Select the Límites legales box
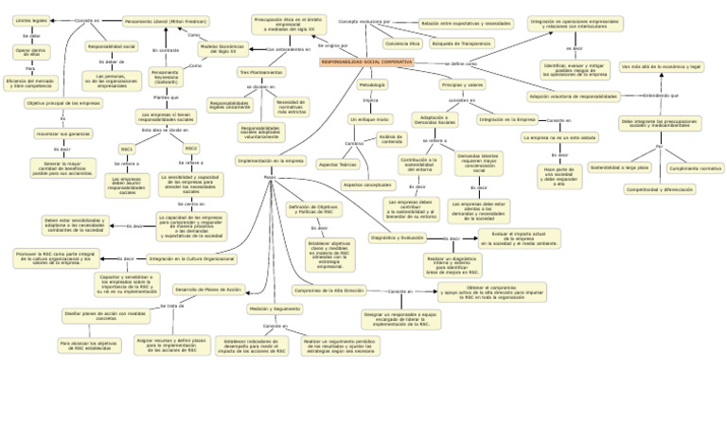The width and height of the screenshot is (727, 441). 31,19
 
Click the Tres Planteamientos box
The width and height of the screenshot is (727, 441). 260,72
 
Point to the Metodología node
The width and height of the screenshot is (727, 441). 372,85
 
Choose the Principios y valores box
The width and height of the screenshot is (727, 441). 462,85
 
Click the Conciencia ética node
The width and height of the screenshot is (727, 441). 401,43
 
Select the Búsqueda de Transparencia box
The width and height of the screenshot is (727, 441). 462,43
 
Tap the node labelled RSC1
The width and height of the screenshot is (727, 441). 127,149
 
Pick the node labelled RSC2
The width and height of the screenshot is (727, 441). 191,149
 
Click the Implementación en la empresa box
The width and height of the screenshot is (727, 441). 271,161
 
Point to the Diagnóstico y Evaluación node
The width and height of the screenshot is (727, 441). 398,238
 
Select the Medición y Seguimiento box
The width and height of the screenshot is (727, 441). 275,309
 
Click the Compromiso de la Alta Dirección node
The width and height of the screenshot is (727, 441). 328,291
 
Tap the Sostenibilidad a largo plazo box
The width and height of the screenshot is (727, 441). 620,168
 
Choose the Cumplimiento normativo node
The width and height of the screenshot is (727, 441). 696,168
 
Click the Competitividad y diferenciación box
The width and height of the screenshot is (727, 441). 659,189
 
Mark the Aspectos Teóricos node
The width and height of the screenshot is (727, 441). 336,164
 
